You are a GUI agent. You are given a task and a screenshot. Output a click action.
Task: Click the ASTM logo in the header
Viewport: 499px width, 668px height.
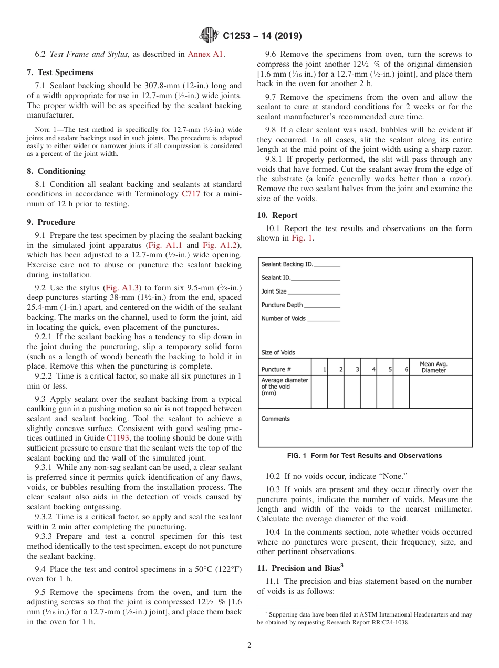[210, 36]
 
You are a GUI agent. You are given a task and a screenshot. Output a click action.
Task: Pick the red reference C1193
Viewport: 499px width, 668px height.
[117, 438]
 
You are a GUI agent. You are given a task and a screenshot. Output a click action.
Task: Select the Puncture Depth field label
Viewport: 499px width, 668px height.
[282, 305]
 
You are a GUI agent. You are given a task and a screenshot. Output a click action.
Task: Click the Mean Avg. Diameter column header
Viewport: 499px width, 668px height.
[433, 367]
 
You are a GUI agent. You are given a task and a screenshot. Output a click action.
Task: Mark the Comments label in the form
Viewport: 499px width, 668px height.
[275, 419]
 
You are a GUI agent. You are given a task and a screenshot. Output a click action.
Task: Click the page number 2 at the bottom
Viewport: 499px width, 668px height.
[250, 645]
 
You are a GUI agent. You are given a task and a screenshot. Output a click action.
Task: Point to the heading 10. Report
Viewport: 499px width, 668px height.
[277, 215]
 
